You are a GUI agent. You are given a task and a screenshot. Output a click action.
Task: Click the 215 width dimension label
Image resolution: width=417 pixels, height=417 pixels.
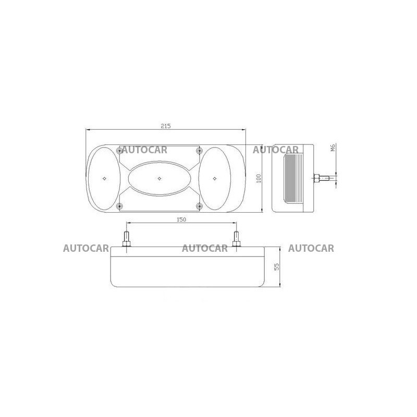coord(165,126)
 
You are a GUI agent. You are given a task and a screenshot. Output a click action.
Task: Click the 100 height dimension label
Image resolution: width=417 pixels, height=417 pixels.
coord(259,178)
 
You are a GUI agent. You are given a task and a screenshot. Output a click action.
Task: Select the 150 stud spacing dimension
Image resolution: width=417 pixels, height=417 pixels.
coord(181,219)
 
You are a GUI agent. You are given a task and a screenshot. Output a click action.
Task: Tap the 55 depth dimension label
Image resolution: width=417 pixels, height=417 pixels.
coord(277,267)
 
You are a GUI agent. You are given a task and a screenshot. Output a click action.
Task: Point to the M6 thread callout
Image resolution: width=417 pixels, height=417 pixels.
coord(333,147)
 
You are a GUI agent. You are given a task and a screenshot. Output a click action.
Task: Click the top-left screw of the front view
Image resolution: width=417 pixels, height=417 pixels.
coord(120,151)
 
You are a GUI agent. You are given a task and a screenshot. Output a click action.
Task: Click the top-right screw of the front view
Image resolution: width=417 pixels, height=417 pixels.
coord(199,151)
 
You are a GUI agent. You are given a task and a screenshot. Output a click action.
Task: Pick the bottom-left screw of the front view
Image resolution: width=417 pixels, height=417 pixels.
coord(120,206)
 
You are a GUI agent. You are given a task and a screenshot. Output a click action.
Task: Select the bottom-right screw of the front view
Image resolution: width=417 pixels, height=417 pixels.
coord(199,206)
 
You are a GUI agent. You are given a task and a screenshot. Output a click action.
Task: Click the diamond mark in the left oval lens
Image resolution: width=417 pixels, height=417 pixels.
coord(105,178)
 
